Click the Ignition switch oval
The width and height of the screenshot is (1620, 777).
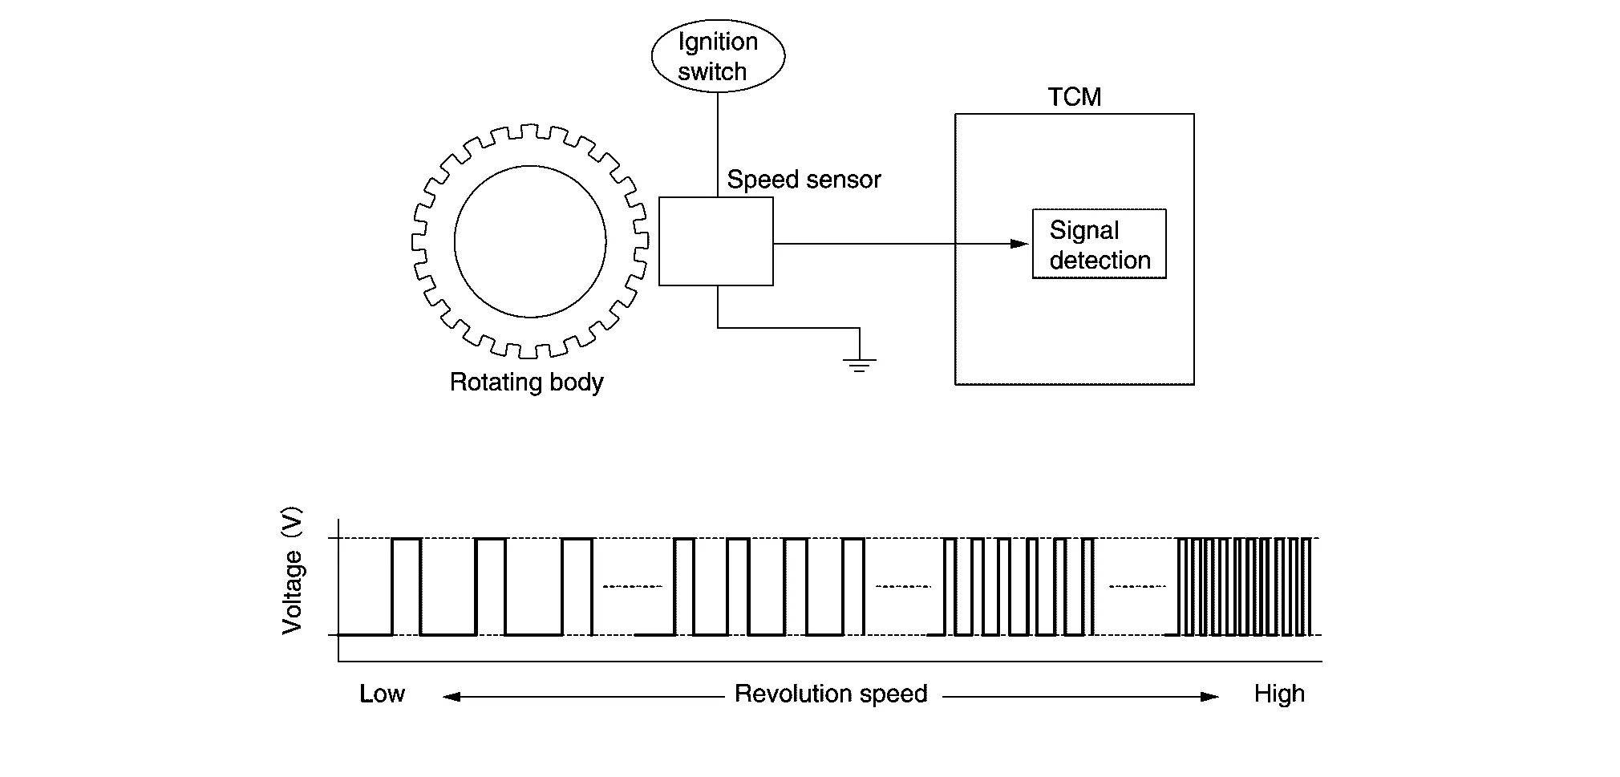click(x=718, y=56)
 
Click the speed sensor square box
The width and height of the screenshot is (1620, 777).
click(x=716, y=241)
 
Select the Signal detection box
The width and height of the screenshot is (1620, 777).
click(x=1099, y=245)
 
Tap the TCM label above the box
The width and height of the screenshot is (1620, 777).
click(x=1075, y=97)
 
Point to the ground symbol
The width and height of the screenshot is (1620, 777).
click(x=860, y=364)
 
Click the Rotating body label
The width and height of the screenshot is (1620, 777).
click(x=526, y=382)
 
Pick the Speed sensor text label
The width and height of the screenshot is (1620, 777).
click(x=804, y=180)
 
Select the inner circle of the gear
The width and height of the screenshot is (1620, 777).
click(x=530, y=241)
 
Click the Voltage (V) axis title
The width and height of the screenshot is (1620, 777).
click(x=293, y=570)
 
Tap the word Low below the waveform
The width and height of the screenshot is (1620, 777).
click(x=382, y=694)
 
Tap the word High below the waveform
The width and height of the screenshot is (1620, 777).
click(x=1279, y=694)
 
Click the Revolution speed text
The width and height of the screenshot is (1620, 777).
click(x=831, y=694)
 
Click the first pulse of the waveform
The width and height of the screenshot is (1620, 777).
click(x=407, y=585)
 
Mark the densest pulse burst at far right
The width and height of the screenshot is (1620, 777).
click(x=1244, y=586)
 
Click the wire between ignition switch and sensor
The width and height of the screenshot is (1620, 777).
click(x=718, y=144)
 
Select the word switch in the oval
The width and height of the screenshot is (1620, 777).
click(x=712, y=72)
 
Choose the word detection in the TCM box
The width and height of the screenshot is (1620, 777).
click(x=1100, y=261)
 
